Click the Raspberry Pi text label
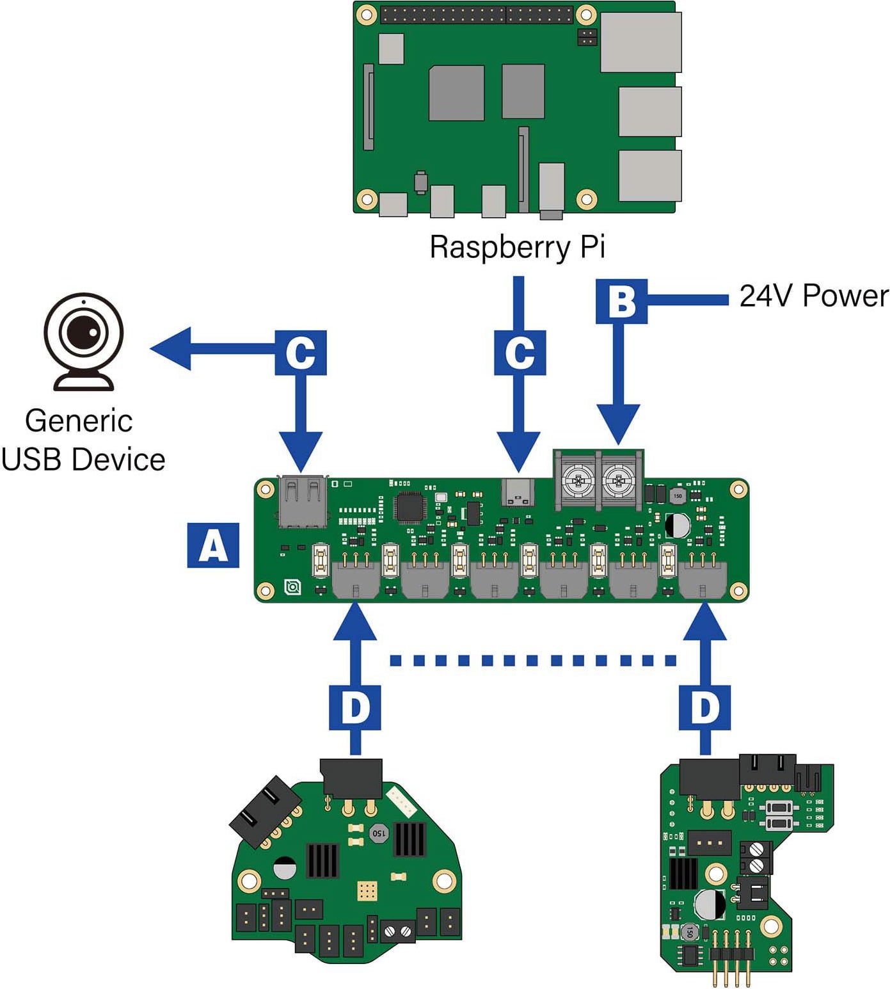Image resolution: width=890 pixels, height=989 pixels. pos(517,247)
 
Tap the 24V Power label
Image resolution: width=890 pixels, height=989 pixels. pos(813,296)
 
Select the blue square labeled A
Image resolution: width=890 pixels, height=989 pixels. pos(213,545)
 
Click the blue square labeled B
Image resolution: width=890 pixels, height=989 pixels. pos(621,301)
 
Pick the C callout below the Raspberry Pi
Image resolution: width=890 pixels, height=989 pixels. pos(520,353)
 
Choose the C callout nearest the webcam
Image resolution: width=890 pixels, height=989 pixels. pos(301,353)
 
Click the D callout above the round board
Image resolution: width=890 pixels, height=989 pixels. pos(355,707)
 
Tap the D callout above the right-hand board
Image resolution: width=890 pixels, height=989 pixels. pos(704,707)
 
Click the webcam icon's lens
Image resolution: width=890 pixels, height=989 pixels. pos(84,332)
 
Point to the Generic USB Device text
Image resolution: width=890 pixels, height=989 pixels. pos(83,440)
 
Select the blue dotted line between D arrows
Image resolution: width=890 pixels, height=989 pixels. pos(532,661)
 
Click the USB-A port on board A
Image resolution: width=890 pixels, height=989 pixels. pos(303,501)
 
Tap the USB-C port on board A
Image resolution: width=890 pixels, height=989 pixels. pos(518,492)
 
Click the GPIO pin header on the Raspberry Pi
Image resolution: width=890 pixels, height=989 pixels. pos(477,15)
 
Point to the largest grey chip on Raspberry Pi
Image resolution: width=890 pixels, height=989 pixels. pos(456,93)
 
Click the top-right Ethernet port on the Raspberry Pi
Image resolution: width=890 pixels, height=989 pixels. pos(640,42)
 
